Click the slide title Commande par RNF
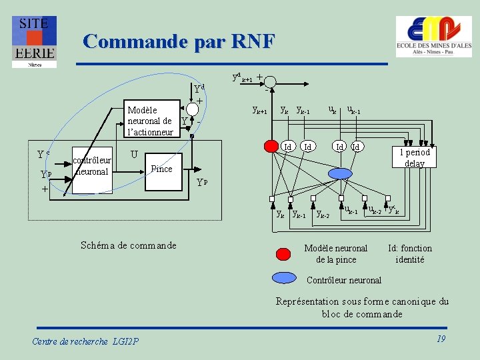(x=179, y=41)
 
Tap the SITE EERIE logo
(x=34, y=38)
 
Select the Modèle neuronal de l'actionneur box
(x=151, y=121)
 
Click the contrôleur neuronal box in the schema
(x=92, y=167)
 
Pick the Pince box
(x=161, y=169)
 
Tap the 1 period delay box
(x=415, y=157)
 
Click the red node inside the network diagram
(x=271, y=146)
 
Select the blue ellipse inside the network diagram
(x=341, y=173)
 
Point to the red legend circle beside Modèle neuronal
(x=283, y=253)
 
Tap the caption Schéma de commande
(x=128, y=245)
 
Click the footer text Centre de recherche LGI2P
(x=85, y=341)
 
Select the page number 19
(x=441, y=339)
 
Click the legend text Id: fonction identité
(x=409, y=253)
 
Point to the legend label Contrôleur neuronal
(x=344, y=280)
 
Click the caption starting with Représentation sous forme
(x=362, y=307)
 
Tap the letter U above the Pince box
(x=134, y=155)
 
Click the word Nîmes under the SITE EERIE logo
(x=34, y=65)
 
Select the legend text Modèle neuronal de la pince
(x=336, y=253)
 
